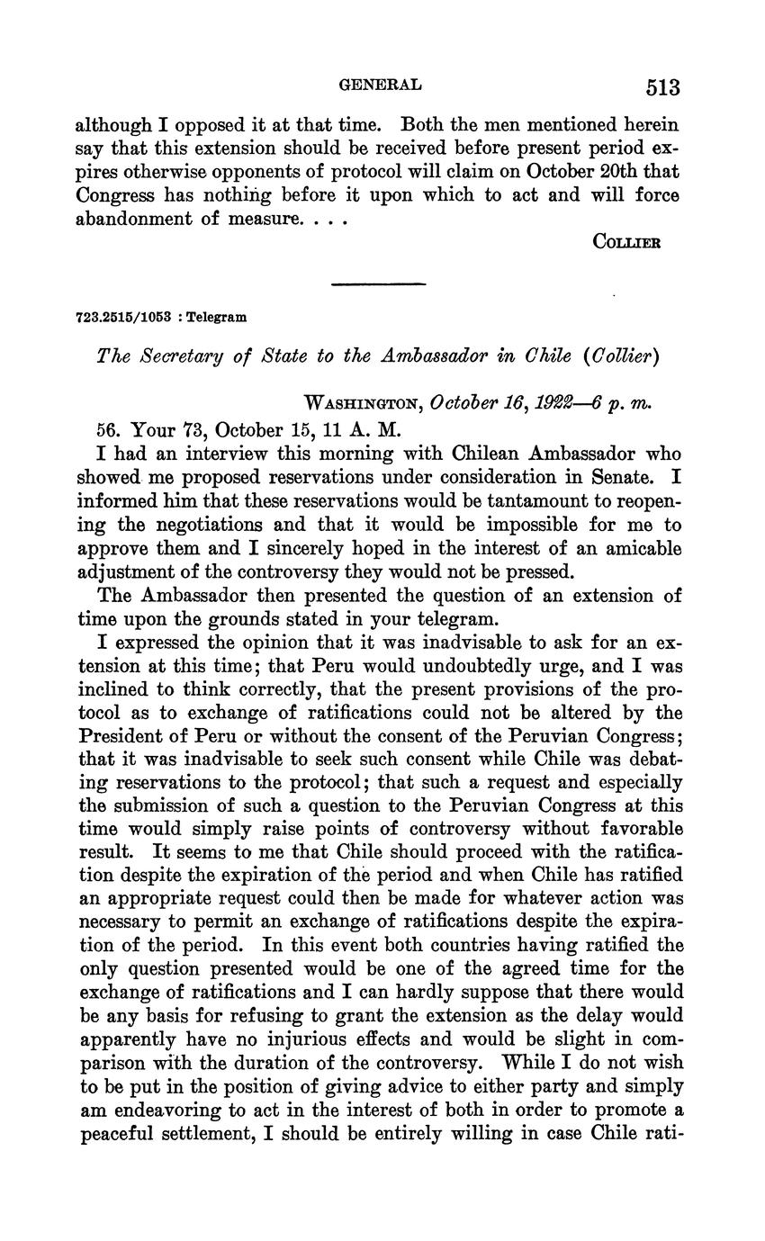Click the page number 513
pos(661,87)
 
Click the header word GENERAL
pos(379,85)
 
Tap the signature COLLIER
pos(627,242)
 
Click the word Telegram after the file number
pos(217,317)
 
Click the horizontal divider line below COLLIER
pos(378,284)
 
